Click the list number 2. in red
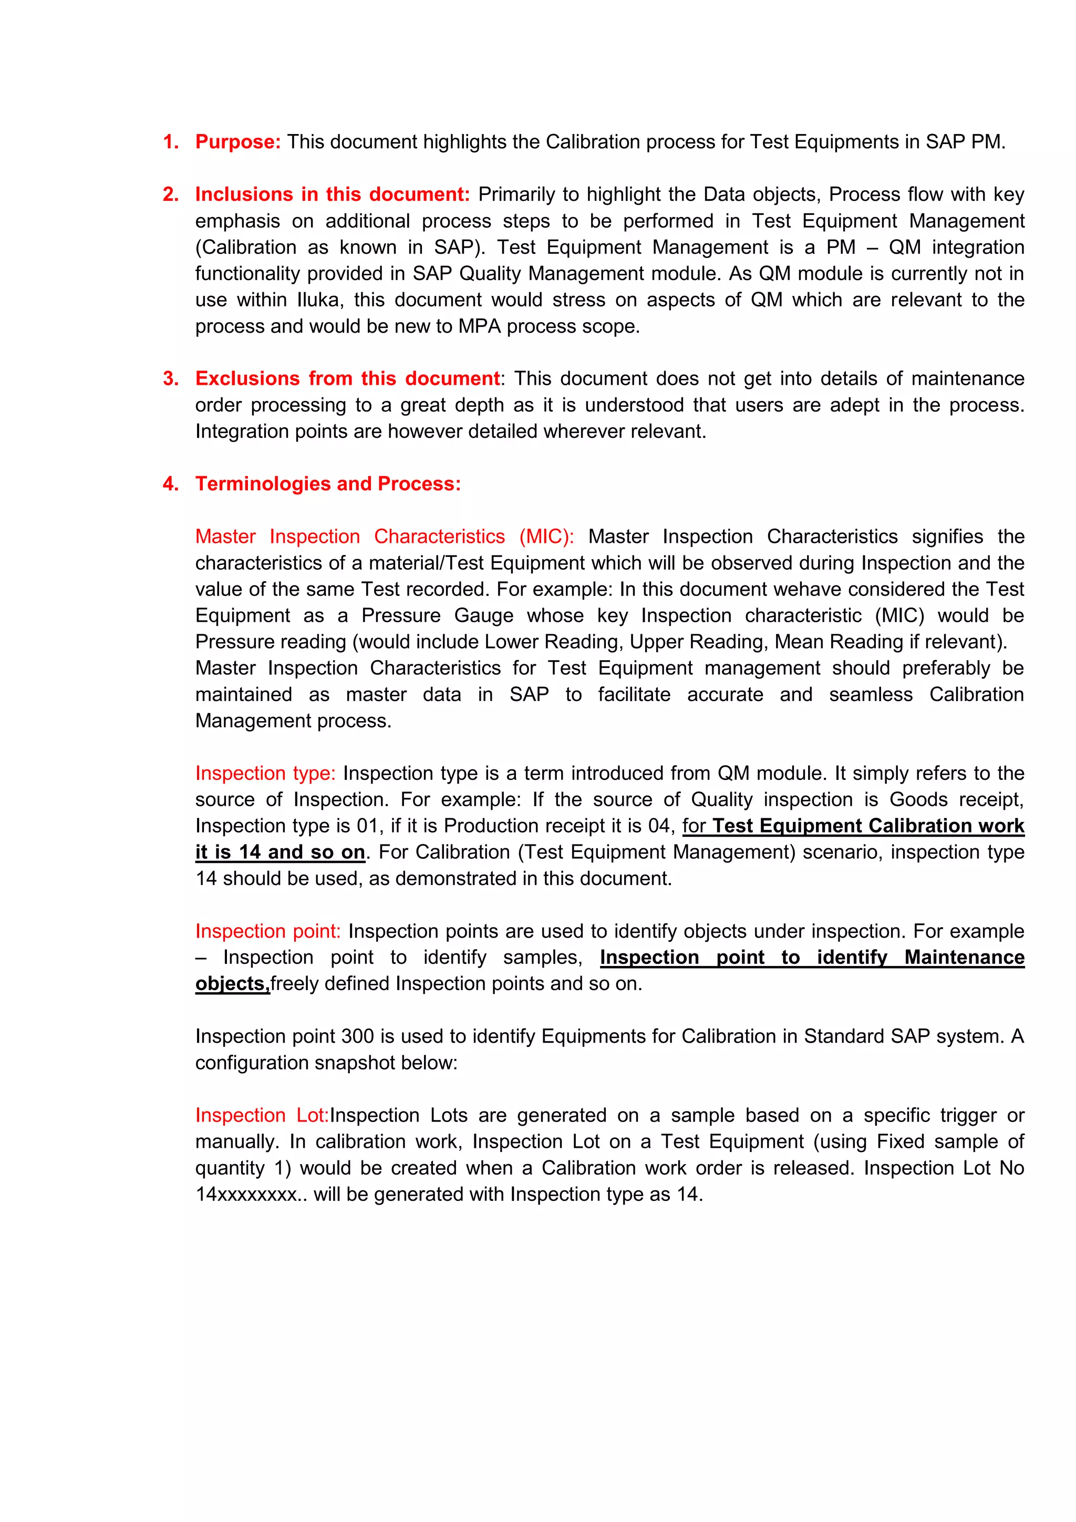click(x=171, y=194)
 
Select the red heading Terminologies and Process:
click(x=328, y=484)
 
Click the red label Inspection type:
click(x=265, y=773)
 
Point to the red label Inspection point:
click(x=267, y=931)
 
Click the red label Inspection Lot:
click(x=262, y=1115)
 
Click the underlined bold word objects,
click(x=233, y=984)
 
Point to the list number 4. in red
click(x=171, y=484)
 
